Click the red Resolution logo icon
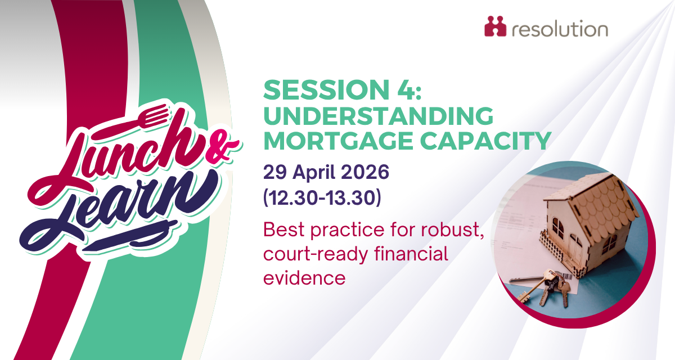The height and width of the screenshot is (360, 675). click(x=495, y=26)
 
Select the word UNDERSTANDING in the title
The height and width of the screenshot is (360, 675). click(x=378, y=115)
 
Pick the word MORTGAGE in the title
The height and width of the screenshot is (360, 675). click(x=338, y=141)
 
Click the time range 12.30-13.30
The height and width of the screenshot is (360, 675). click(x=322, y=198)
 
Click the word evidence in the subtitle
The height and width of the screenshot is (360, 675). click(x=304, y=278)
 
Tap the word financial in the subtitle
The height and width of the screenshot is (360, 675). click(x=411, y=253)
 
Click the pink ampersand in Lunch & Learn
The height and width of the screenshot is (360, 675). click(x=222, y=147)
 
